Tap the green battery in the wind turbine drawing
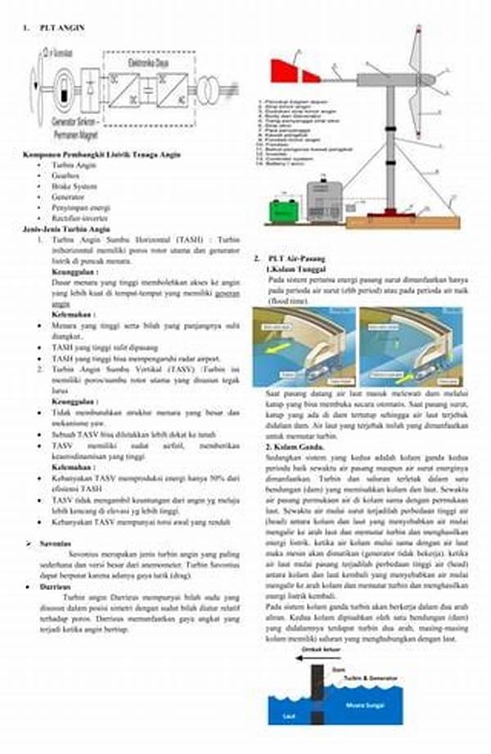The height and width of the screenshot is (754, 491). click(x=284, y=211)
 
